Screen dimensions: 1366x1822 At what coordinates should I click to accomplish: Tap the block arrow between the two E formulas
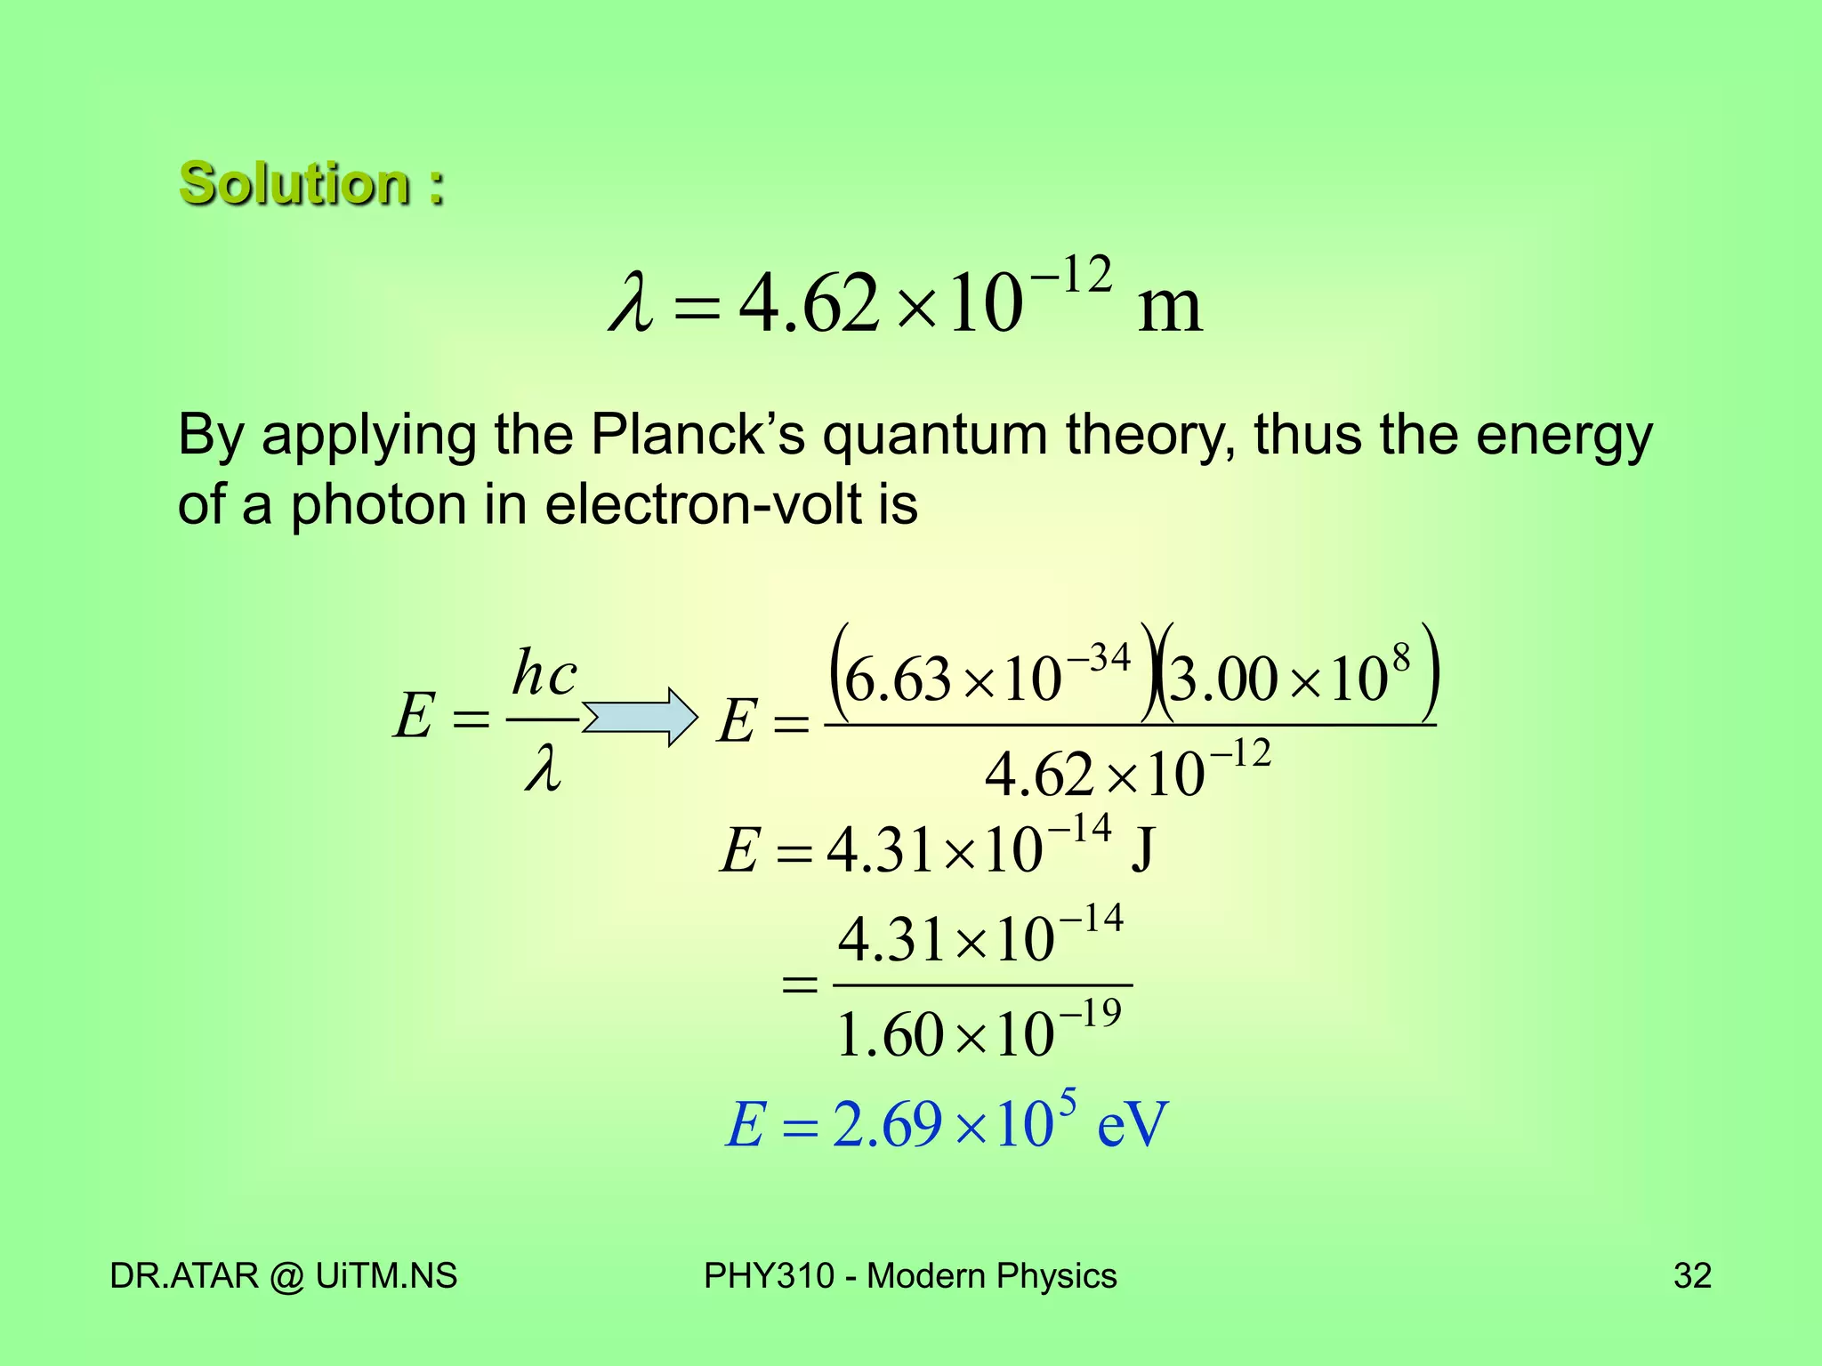(641, 716)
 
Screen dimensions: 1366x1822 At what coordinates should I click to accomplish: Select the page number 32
(1692, 1276)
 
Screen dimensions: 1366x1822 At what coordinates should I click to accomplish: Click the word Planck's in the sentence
(698, 436)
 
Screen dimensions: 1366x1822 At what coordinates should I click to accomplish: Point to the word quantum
(934, 438)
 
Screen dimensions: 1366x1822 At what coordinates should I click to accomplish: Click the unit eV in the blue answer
(1132, 1126)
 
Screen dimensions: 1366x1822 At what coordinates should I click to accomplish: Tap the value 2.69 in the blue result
(886, 1126)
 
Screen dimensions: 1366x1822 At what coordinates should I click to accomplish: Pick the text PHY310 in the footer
(769, 1276)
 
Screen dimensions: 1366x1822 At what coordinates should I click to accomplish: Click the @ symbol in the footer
(286, 1277)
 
